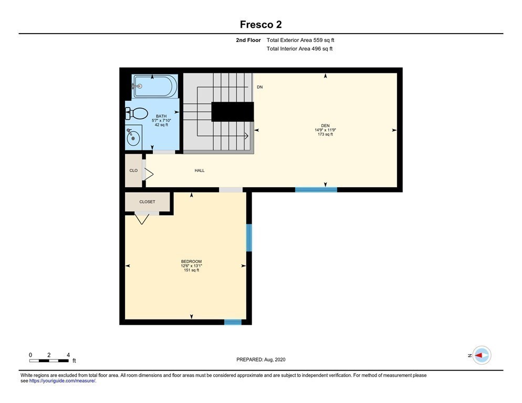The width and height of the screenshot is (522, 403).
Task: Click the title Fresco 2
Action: (x=260, y=24)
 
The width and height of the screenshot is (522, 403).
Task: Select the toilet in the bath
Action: (x=137, y=114)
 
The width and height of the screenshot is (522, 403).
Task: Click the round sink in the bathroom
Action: (x=133, y=137)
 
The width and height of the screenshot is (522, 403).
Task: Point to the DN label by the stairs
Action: (x=259, y=87)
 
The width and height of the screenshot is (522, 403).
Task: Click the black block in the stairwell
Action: (x=233, y=112)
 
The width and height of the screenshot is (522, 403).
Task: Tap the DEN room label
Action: (x=325, y=126)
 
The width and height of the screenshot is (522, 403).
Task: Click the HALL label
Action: (x=200, y=171)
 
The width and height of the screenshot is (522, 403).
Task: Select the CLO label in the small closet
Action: (x=133, y=171)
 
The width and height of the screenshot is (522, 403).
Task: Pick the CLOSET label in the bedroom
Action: (x=147, y=201)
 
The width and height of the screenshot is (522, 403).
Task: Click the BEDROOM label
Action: (x=192, y=261)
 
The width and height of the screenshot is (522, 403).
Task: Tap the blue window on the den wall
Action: (x=316, y=189)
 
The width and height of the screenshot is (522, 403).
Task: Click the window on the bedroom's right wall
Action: (x=249, y=238)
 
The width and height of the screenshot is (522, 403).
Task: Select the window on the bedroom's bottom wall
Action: (x=233, y=322)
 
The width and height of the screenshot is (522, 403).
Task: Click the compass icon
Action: (x=482, y=355)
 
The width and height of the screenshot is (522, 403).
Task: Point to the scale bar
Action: (x=49, y=360)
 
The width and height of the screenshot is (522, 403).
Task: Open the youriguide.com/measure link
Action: (x=62, y=381)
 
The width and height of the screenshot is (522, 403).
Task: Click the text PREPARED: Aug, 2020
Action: (x=260, y=359)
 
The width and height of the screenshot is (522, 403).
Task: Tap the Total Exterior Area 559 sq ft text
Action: (x=300, y=40)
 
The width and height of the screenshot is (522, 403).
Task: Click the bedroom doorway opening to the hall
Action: (x=231, y=189)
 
